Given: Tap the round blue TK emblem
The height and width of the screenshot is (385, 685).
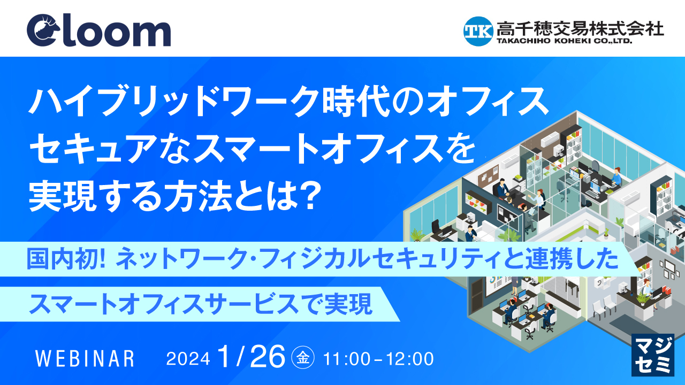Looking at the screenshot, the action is point(478,31).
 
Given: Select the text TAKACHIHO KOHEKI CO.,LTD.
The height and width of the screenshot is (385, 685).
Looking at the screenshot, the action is point(564,41).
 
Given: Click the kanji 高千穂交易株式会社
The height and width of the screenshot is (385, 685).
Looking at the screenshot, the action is point(580,28).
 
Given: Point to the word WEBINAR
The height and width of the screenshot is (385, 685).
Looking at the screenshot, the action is point(85,359).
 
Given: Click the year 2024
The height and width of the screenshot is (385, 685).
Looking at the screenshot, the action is point(188,359).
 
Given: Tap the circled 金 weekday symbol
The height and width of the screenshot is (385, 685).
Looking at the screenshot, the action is point(303,358).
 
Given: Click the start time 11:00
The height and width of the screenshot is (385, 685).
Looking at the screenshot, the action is point(346,359).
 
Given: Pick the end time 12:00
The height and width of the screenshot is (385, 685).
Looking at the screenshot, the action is point(410,359).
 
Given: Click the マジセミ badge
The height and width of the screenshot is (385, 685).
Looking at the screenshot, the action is point(653,355).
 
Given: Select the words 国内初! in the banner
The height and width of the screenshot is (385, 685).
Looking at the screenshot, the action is point(66,259).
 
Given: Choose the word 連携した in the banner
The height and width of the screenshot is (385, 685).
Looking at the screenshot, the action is point(572,259).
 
